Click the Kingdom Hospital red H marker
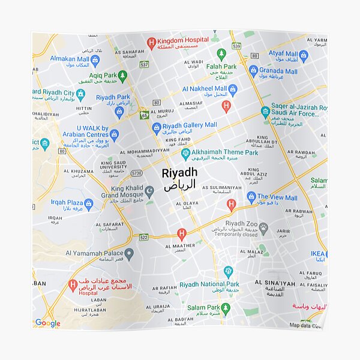pyautogui.click(x=152, y=42)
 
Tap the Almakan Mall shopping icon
pyautogui.click(x=95, y=60)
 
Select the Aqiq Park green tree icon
pyautogui.click(x=122, y=76)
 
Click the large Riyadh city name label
pyautogui.click(x=178, y=173)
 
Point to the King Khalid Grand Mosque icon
pyautogui.click(x=150, y=191)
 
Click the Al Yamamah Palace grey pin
pyautogui.click(x=129, y=254)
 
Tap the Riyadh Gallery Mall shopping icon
pyautogui.click(x=157, y=127)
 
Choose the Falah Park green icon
pyautogui.click(x=221, y=54)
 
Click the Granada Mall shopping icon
pyautogui.click(x=253, y=70)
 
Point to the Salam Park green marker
pyautogui.click(x=226, y=308)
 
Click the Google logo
pyautogui.click(x=48, y=323)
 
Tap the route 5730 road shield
pyautogui.click(x=137, y=172)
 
